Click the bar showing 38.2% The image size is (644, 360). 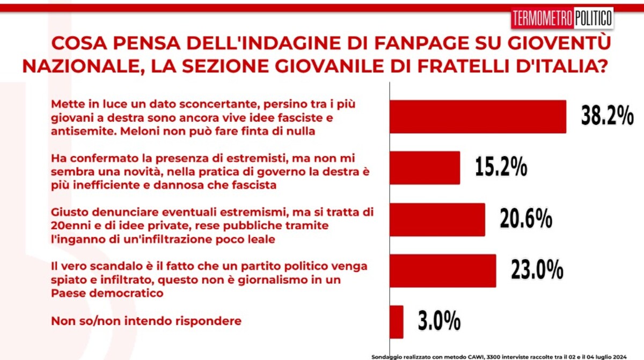[478, 116]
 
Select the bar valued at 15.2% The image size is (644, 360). [425, 168]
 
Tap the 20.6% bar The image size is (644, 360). [437, 219]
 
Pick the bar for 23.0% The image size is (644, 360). [443, 270]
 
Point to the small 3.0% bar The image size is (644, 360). [397, 322]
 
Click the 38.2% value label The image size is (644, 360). [607, 115]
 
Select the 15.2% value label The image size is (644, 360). [501, 166]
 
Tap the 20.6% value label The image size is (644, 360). [526, 218]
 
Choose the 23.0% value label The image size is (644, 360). [537, 269]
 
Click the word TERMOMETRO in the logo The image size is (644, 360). [543, 18]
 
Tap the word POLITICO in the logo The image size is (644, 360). [593, 18]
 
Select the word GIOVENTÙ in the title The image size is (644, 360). [559, 42]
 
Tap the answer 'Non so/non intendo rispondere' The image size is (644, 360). [146, 321]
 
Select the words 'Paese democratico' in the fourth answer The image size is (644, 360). [107, 293]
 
